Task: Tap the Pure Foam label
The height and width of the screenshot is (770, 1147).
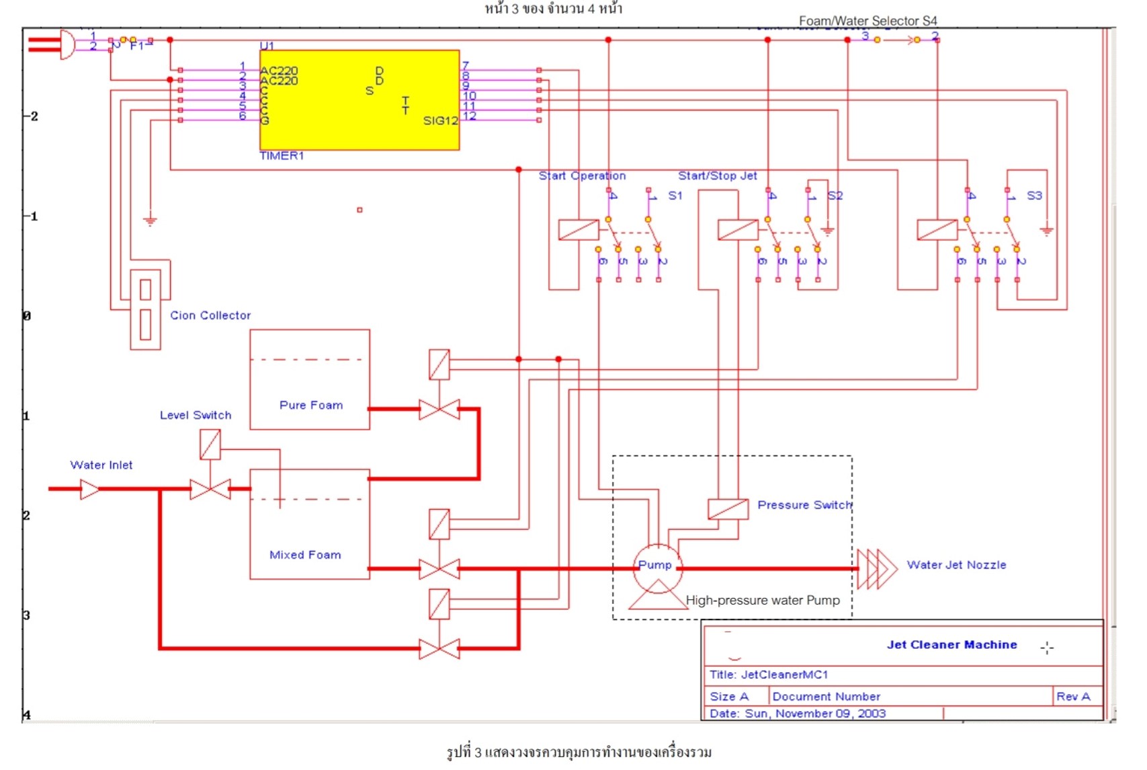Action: click(x=311, y=405)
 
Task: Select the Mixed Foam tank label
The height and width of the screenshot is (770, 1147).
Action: click(x=305, y=555)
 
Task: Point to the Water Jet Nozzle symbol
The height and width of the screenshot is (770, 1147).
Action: click(x=877, y=569)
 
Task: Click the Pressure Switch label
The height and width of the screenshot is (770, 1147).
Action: click(x=804, y=505)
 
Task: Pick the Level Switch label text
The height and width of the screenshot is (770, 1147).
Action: click(x=196, y=415)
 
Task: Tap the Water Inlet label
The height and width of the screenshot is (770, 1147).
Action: click(x=101, y=465)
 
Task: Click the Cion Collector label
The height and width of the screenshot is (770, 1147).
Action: click(x=210, y=315)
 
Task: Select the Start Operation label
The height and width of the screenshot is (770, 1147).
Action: click(x=582, y=176)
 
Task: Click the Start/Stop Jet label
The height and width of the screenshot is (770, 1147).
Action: click(x=717, y=176)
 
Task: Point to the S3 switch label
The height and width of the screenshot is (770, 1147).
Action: click(x=1034, y=196)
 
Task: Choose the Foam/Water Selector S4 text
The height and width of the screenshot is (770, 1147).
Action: click(x=867, y=21)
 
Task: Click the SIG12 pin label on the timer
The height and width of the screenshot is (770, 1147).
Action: click(x=440, y=121)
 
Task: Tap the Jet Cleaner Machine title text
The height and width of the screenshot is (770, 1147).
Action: click(x=951, y=644)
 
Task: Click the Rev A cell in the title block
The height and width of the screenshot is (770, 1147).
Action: click(x=1073, y=696)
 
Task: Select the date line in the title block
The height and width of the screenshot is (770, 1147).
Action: click(x=798, y=713)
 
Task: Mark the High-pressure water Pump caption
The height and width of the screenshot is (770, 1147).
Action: click(x=763, y=600)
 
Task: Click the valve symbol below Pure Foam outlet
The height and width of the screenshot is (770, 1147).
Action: click(x=439, y=409)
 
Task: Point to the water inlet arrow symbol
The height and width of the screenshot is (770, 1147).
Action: click(x=89, y=489)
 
